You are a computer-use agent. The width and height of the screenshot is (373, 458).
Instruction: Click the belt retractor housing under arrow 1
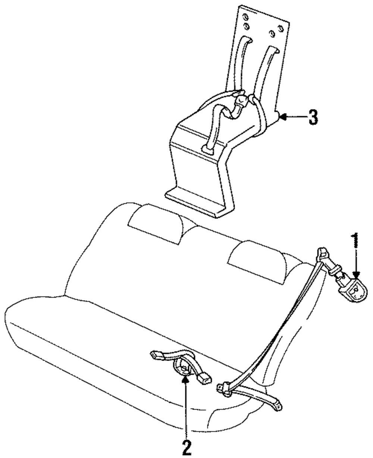click(353, 291)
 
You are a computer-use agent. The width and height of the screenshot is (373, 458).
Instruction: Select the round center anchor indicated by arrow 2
click(183, 369)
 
